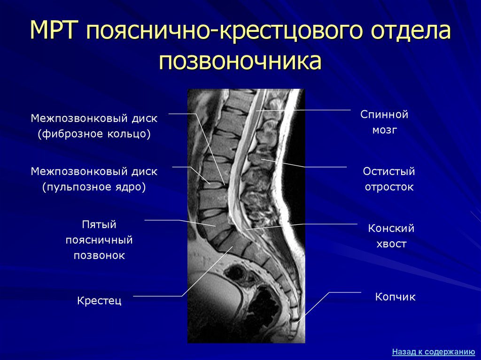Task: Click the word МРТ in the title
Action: click(x=52, y=30)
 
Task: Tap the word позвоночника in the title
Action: click(x=240, y=61)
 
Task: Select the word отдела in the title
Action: click(x=411, y=31)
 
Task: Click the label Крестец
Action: click(x=99, y=300)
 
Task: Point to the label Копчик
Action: click(x=395, y=297)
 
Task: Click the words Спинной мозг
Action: click(x=384, y=122)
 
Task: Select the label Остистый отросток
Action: click(x=389, y=179)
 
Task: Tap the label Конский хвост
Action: click(x=391, y=236)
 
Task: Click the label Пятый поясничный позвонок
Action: click(x=99, y=240)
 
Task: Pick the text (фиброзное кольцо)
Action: click(x=94, y=134)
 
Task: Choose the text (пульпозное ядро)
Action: click(x=94, y=187)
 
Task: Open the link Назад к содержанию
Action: click(x=434, y=352)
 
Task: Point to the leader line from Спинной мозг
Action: click(x=303, y=110)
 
